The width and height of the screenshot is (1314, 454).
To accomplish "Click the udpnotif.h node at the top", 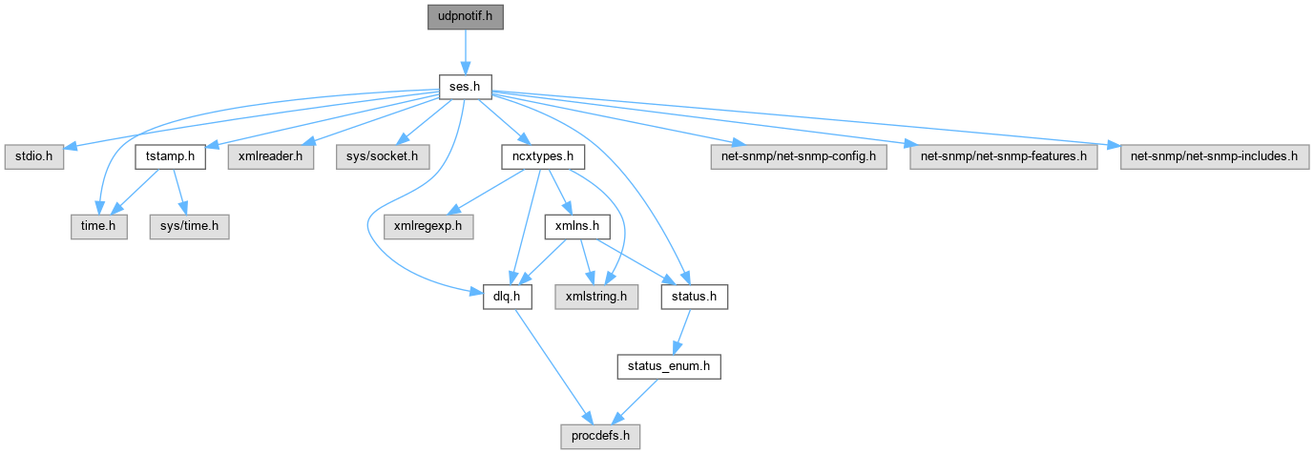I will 465,16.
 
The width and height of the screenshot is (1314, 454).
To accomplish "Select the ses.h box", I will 465,87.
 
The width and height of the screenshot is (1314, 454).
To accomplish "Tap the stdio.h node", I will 33,156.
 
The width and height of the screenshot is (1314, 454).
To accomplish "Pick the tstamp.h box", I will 171,156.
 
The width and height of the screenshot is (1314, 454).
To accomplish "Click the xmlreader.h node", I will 269,156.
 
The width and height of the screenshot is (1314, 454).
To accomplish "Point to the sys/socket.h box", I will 382,156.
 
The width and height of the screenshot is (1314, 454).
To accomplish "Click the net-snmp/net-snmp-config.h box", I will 799,156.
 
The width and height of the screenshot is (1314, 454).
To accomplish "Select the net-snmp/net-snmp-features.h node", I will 1004,156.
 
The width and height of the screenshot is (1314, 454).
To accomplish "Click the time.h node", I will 98,227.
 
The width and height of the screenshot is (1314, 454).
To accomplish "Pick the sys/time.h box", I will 189,227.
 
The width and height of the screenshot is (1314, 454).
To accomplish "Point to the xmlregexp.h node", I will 423,227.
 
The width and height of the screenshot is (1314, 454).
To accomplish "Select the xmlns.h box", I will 576,227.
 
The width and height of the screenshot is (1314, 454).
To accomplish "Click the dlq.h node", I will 507,298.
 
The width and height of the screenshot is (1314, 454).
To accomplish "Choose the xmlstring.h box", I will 598,298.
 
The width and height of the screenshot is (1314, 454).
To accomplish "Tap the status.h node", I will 695,298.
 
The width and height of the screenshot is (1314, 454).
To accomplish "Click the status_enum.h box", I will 668,367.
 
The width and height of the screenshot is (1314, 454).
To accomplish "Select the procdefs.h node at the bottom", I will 598,438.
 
